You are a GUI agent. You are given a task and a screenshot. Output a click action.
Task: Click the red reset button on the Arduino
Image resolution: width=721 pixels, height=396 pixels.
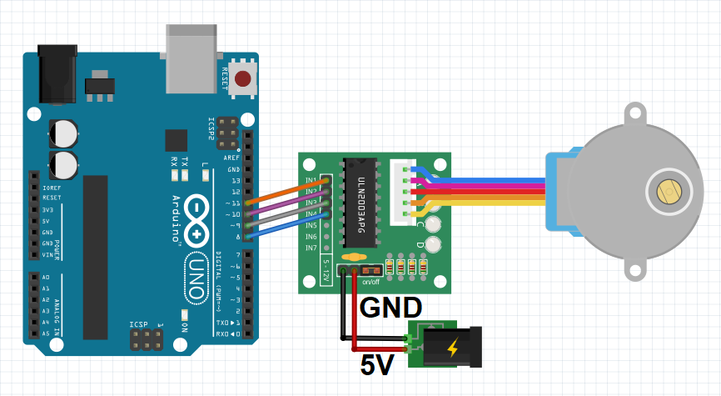(x=243, y=80)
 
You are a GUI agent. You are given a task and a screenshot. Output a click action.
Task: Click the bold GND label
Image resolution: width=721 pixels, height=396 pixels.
(x=390, y=308)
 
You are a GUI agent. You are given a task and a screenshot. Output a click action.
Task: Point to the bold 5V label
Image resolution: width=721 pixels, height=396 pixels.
(x=379, y=364)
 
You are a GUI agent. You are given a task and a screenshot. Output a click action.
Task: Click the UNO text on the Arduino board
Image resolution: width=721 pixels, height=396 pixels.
(x=197, y=275)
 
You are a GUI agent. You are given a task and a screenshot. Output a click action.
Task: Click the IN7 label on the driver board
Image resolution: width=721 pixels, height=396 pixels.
(x=311, y=248)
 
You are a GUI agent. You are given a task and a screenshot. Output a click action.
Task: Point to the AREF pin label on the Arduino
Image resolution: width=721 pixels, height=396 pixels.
(x=232, y=158)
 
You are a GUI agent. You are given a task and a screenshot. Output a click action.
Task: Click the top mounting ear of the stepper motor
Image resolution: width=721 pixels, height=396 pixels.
(x=635, y=113)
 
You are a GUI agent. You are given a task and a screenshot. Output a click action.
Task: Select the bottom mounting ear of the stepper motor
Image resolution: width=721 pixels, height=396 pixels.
(x=635, y=271)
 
